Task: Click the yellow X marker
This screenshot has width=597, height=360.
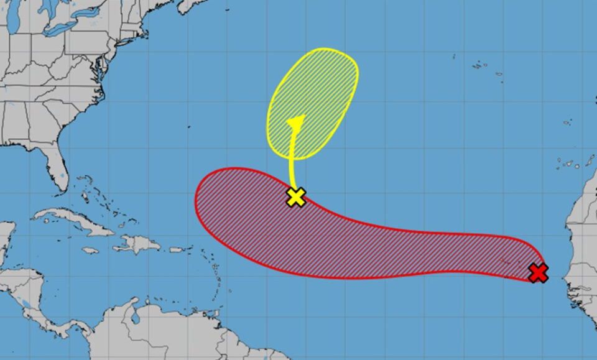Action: coord(297,197)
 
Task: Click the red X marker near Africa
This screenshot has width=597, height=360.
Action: coord(539,272)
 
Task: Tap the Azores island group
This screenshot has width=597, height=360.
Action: coord(479,65)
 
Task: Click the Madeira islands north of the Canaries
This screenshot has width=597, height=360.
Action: coord(567,122)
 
